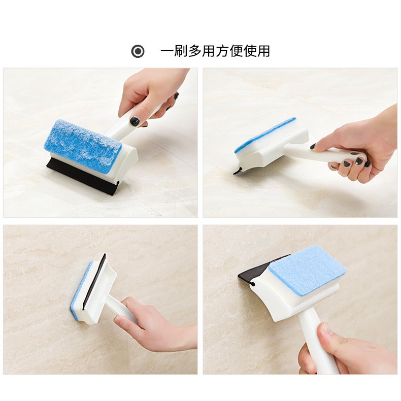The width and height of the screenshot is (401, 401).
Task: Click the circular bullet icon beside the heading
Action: (x=138, y=51)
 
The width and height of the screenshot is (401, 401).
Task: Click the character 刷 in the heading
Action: (x=181, y=51)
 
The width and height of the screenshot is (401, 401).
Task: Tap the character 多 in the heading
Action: (x=194, y=51)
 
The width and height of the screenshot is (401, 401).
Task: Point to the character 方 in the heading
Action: (x=222, y=51)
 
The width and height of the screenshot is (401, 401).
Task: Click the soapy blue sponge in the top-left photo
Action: (x=83, y=146)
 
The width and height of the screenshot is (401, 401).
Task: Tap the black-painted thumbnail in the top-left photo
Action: (x=135, y=121)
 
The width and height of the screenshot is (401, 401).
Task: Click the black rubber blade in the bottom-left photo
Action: (x=94, y=281)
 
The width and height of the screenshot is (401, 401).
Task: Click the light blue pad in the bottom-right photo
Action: (x=307, y=271)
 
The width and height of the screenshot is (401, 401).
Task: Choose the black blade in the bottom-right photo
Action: (x=256, y=271)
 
